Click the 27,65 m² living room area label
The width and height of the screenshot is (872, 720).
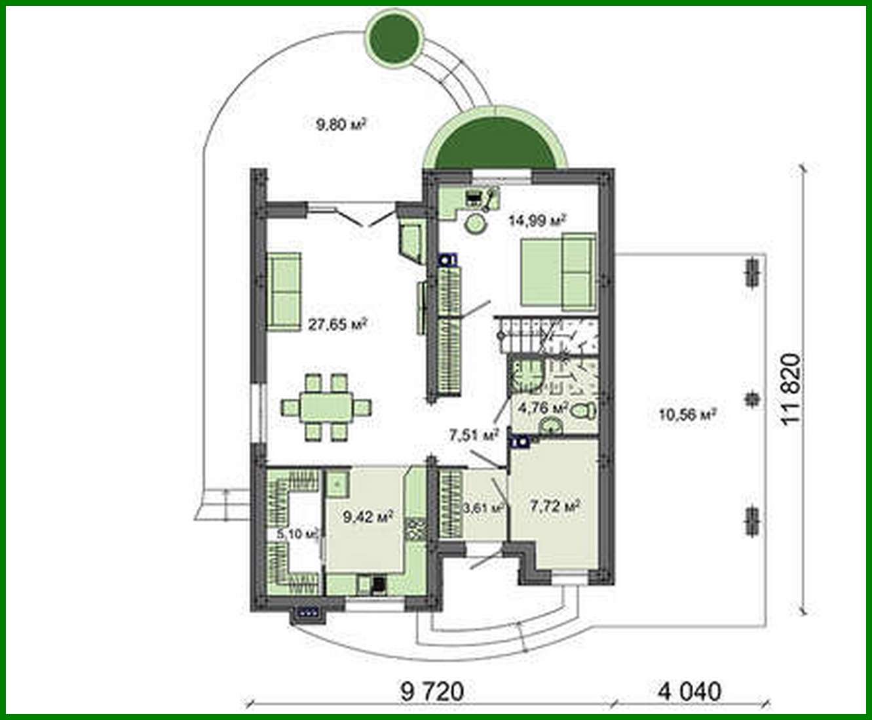[337, 324]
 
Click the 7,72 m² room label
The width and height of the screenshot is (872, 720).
[555, 506]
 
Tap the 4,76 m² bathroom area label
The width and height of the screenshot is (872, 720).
[541, 408]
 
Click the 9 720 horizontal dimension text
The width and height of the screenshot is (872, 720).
[432, 691]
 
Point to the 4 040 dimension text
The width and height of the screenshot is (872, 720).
[689, 691]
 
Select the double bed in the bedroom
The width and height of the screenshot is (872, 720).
[558, 272]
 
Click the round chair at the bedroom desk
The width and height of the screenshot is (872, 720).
[474, 224]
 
